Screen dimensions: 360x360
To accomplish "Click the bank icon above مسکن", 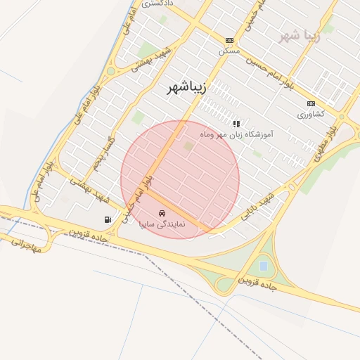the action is click(229, 41).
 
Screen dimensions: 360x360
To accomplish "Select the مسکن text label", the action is click(229, 51).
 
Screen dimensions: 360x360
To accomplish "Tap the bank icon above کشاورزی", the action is click(311, 103).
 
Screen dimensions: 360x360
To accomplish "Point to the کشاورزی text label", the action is click(310, 114).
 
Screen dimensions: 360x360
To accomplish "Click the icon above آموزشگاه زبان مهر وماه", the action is click(236, 123).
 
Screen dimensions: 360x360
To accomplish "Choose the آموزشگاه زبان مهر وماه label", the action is click(236, 134).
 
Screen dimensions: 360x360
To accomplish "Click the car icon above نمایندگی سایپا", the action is click(162, 212).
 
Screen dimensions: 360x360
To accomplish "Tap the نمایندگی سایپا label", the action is click(162, 224).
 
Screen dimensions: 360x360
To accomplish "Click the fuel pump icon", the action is click(108, 220).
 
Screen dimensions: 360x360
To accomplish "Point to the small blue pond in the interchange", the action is click(263, 266).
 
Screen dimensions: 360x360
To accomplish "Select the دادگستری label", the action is click(160, 4).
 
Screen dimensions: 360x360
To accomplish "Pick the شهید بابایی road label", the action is click(257, 204).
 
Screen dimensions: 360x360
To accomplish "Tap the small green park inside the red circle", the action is click(188, 146).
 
